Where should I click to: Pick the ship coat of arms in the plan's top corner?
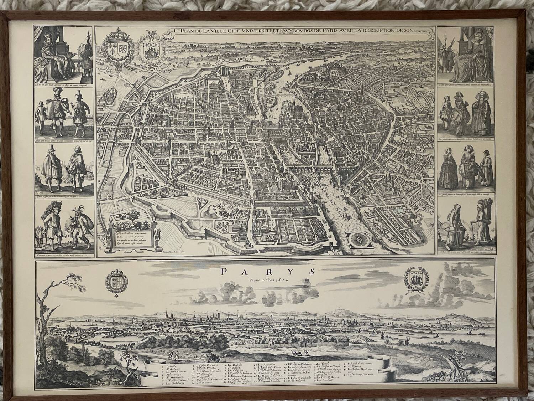pos(151,52)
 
